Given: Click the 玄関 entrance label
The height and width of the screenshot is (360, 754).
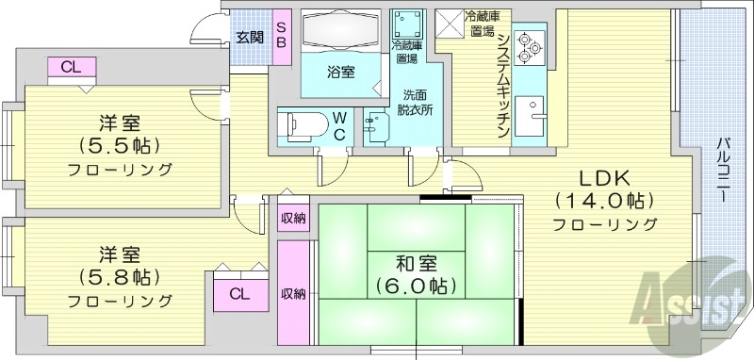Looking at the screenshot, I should tap(250, 38).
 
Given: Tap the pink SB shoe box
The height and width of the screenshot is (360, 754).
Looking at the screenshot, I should tap(282, 37).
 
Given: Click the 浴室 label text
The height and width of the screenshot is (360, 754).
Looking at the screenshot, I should tap(341, 72).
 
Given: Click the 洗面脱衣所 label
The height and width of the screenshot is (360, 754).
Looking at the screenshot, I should tap(414, 102).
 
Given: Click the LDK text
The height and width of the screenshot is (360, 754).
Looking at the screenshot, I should tap(604, 178).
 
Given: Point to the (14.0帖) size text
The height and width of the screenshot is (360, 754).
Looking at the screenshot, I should tap(604, 201).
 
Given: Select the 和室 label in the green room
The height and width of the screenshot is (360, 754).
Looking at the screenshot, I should tap(416, 261).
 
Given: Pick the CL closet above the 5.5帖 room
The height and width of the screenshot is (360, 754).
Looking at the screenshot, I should tap(71, 67).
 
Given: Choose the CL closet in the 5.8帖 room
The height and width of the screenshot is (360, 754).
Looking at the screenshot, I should tap(240, 292).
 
